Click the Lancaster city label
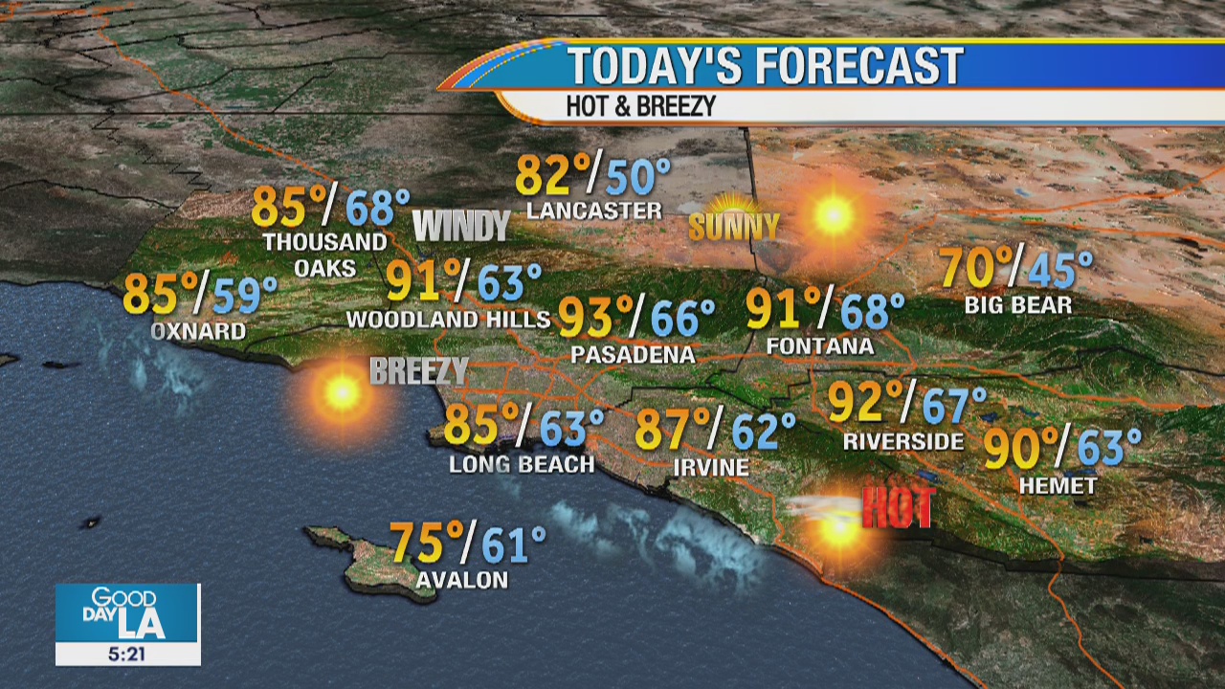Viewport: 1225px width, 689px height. [594, 211]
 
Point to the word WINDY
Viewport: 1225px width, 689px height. [461, 226]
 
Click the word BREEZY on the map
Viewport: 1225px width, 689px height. [419, 371]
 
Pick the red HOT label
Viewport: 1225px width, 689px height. [897, 507]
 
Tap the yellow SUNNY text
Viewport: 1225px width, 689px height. [734, 227]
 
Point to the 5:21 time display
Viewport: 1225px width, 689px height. [127, 654]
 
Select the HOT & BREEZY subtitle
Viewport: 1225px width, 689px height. [640, 106]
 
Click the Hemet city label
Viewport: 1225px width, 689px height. [1058, 486]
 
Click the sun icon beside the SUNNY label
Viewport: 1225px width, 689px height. [833, 215]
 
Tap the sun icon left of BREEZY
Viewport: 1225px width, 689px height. [341, 391]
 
